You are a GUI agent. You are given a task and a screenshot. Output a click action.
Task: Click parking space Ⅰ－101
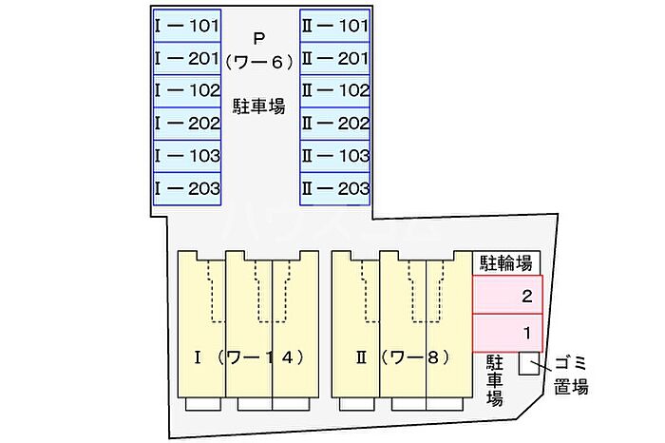pos(187,26)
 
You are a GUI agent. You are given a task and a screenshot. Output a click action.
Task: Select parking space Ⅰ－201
pos(187,59)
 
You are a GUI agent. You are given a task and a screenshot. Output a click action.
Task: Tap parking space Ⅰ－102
pos(187,91)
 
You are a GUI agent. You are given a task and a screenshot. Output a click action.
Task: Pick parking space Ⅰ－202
pos(187,124)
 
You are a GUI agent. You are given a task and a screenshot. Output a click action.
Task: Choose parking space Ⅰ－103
pos(187,157)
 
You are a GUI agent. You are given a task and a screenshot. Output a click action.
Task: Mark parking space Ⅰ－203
pos(187,189)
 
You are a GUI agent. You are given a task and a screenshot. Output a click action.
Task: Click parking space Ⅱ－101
pos(334,26)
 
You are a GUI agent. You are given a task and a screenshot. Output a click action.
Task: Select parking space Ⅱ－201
pos(334,59)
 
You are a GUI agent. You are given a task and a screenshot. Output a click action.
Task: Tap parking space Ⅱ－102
pos(334,91)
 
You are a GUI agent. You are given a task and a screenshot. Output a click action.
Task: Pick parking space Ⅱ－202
pos(334,124)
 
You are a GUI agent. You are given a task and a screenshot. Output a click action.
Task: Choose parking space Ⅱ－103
pos(334,157)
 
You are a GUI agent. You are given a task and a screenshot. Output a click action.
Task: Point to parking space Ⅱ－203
pos(334,189)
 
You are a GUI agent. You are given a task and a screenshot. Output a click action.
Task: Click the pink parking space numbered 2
pos(507,295)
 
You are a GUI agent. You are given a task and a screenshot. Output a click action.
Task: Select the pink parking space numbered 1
pos(507,333)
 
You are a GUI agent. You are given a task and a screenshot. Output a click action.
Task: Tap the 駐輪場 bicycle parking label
pos(506,263)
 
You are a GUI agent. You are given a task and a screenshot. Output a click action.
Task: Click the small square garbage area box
pos(529,364)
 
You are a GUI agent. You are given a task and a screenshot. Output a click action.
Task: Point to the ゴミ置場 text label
pos(571,376)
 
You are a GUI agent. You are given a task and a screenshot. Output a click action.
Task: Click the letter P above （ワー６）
pos(259,39)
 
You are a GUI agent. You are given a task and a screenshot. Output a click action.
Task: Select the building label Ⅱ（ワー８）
pos(403,358)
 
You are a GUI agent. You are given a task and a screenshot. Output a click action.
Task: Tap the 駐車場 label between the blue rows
pos(259,106)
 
